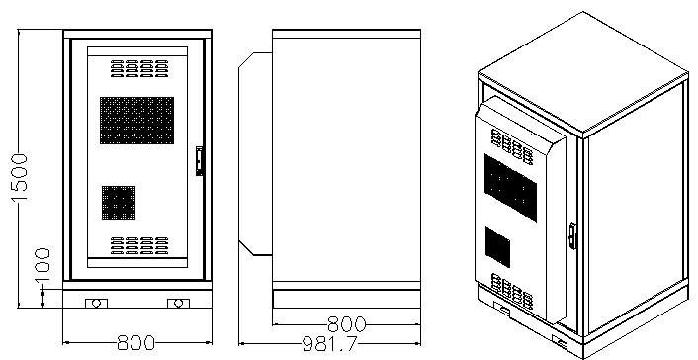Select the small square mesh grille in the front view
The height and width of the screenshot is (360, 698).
click(x=119, y=202)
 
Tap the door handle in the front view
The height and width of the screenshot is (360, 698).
click(x=200, y=160)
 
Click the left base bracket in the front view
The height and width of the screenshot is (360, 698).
click(x=95, y=303)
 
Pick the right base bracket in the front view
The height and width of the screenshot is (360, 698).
click(x=177, y=303)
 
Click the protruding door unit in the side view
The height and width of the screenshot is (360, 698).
click(x=255, y=153)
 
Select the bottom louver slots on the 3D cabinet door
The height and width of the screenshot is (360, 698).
click(x=512, y=291)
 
